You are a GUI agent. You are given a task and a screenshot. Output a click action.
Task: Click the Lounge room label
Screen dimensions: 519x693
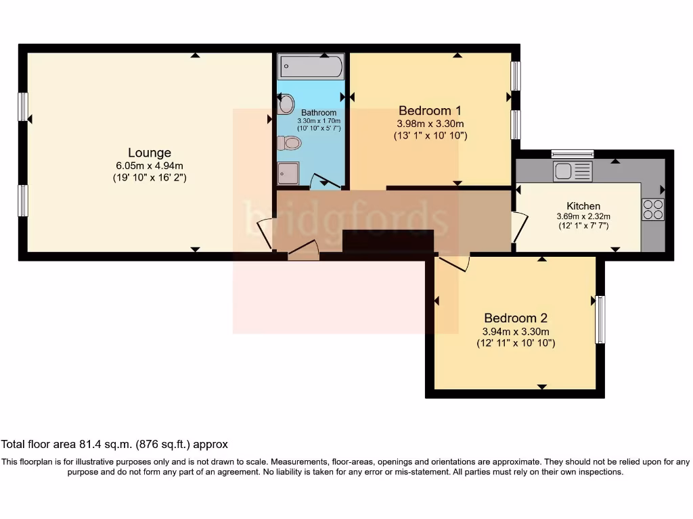click(x=150, y=153)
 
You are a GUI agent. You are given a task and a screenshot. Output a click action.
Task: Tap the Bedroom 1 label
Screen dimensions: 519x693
click(x=430, y=111)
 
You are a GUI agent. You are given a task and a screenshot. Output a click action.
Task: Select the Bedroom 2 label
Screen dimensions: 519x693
click(x=515, y=318)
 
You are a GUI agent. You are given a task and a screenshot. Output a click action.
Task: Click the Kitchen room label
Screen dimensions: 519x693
click(x=583, y=205)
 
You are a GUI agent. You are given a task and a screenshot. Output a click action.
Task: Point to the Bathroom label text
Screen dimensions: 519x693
click(x=318, y=113)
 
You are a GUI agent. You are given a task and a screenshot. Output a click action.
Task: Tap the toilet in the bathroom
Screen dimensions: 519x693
click(x=289, y=143)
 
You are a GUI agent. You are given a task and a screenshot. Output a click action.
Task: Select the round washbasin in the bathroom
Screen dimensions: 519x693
click(x=286, y=104)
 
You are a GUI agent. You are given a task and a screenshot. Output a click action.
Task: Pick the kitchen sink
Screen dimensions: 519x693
click(x=572, y=171)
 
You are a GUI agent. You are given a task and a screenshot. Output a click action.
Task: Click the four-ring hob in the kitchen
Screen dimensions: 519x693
click(x=653, y=209)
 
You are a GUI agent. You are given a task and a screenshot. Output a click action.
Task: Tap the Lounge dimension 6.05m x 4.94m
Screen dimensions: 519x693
click(x=150, y=166)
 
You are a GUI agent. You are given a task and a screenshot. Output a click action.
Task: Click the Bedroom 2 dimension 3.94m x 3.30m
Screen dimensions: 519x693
click(x=515, y=331)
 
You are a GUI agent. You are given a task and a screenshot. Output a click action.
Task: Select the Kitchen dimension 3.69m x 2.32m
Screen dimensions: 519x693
click(x=583, y=216)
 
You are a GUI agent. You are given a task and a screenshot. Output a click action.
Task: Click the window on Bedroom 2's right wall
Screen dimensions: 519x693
click(x=600, y=320)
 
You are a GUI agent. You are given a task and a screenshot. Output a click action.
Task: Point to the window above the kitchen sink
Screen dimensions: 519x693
click(x=572, y=153)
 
